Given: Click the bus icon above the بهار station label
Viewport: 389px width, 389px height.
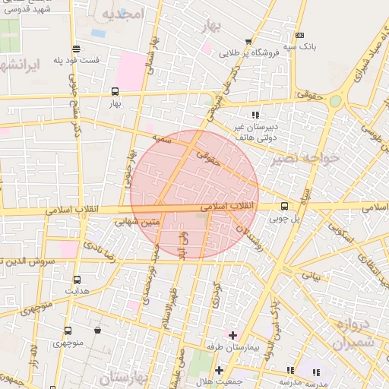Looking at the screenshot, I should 115,90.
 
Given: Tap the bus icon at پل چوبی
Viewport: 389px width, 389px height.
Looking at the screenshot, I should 284,206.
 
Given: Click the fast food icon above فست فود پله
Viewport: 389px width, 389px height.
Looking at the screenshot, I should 76,49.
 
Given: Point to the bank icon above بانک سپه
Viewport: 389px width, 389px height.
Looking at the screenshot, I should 299,35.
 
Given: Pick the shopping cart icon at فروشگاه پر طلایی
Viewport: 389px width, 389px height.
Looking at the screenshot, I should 248,43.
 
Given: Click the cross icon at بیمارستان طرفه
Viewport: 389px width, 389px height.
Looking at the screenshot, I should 232,335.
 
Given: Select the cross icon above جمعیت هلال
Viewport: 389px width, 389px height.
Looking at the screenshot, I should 220,370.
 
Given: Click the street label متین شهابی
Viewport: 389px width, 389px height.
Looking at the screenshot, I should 138,223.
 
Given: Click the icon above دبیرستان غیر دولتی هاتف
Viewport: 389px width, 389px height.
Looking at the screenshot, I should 244,114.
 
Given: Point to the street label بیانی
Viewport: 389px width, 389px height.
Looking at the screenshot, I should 312,277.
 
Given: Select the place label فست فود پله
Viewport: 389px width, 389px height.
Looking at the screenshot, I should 76,60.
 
